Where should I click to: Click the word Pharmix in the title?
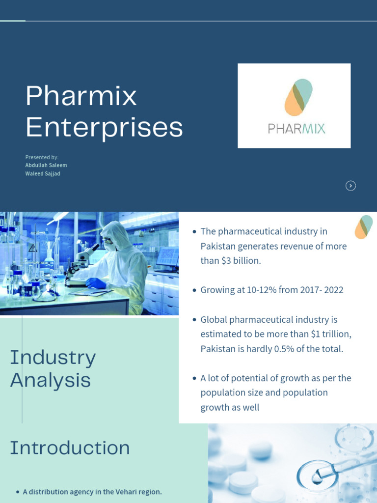(81, 96)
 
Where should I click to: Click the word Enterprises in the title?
(104, 127)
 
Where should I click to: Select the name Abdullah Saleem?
(46, 166)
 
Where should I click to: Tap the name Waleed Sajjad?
(43, 174)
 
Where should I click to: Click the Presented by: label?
(42, 157)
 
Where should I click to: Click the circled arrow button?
(350, 186)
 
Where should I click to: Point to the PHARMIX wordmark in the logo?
(296, 129)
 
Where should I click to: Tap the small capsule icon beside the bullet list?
(363, 227)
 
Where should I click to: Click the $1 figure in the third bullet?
(317, 334)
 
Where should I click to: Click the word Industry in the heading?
(53, 358)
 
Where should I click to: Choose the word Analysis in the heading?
(51, 380)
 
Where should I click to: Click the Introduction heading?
(70, 448)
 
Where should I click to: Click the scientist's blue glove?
(96, 283)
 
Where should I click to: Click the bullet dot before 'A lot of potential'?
(195, 378)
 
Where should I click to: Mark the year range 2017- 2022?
(320, 290)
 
